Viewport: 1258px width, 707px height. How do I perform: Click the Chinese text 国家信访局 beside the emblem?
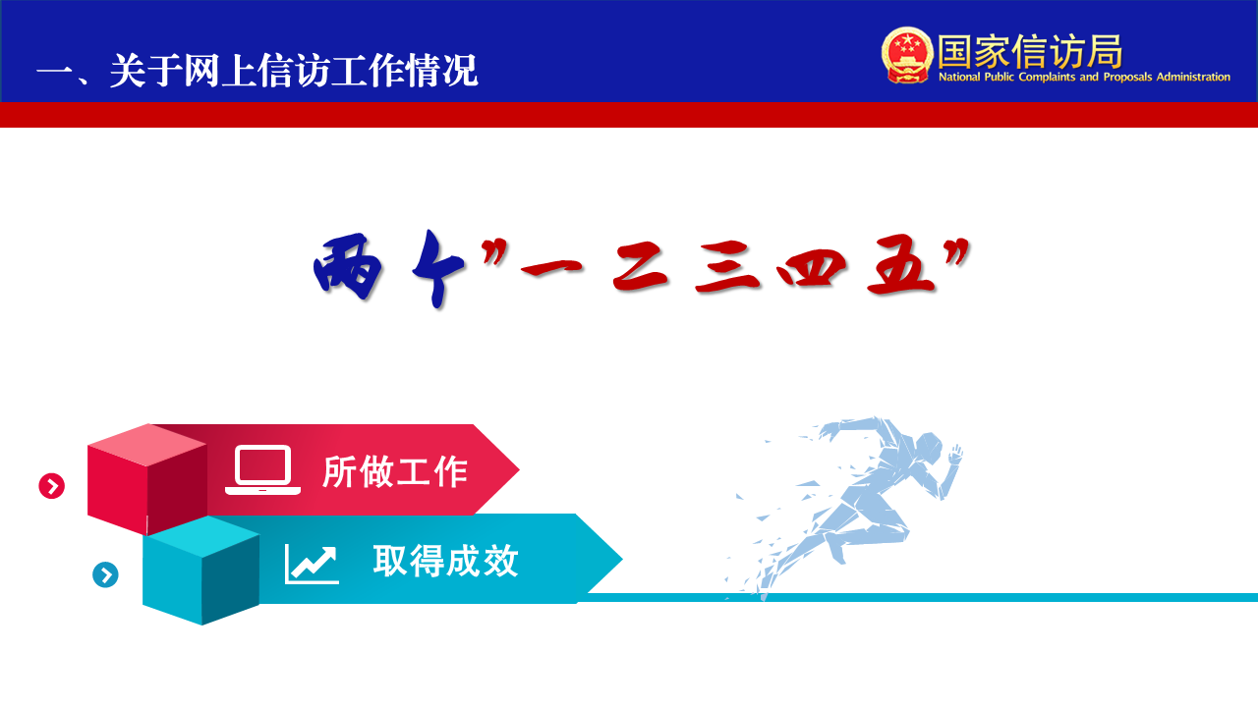[1030, 51]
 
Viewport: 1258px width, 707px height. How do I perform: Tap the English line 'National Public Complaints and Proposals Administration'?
[1084, 77]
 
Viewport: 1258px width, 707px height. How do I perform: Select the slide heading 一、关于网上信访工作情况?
[257, 71]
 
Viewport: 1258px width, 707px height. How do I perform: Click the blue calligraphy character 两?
[348, 267]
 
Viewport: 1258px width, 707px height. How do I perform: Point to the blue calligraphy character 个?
[439, 269]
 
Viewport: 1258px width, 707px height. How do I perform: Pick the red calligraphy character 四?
[812, 268]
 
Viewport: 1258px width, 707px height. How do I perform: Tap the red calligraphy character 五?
[901, 265]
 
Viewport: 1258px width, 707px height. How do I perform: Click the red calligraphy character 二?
[640, 268]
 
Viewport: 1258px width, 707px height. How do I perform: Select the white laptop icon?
[262, 470]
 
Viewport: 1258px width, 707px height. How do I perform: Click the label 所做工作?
[395, 471]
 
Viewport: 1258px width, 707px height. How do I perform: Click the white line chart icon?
[312, 564]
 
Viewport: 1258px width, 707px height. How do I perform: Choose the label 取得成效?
[445, 561]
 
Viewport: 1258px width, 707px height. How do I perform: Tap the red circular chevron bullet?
[52, 486]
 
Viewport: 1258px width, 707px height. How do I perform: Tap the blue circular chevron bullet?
[105, 574]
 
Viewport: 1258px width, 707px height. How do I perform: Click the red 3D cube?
[147, 478]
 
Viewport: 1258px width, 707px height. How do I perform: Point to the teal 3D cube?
[201, 571]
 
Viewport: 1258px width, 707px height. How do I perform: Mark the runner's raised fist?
[955, 454]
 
